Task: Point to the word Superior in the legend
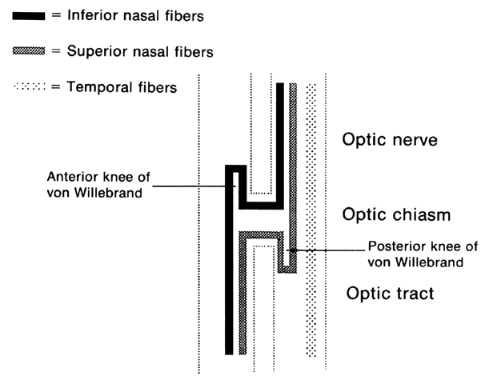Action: coord(94,52)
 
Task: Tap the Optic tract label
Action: coord(390,293)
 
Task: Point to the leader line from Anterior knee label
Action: coord(190,186)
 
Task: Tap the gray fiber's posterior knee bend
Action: coord(287,266)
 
